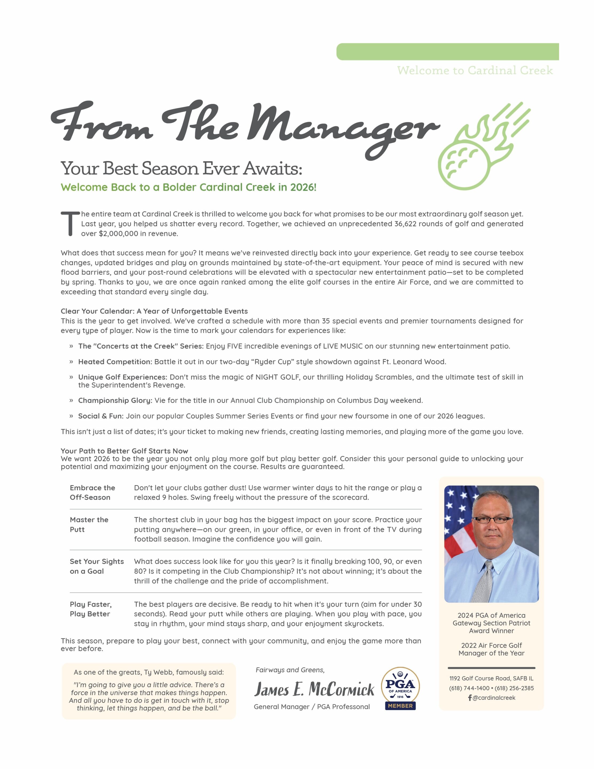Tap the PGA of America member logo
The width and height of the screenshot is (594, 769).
point(400,689)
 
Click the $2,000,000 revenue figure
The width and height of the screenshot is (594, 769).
point(118,233)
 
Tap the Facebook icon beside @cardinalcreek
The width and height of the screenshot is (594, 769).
point(470,697)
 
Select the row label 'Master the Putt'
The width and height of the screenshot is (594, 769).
point(89,524)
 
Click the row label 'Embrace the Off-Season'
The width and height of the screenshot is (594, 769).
point(92,492)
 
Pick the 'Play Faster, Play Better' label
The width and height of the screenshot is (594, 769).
point(91,609)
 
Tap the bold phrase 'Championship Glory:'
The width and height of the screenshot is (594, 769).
point(115,400)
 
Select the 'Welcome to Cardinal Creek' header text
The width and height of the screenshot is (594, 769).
point(475,70)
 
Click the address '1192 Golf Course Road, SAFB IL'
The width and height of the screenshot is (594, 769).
point(491,678)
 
